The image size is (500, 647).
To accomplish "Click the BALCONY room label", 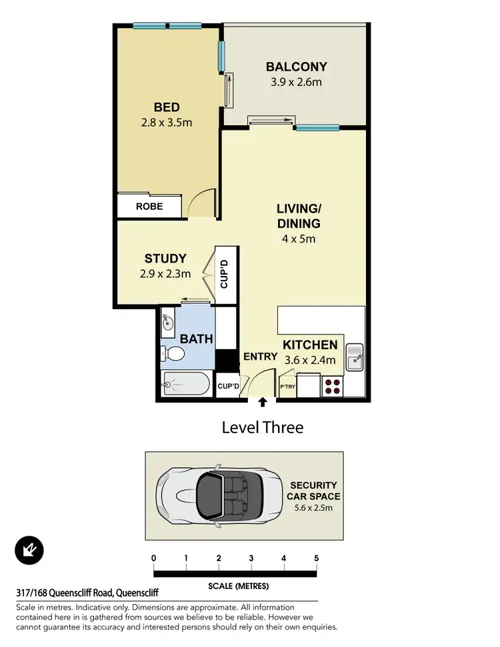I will point(296,67).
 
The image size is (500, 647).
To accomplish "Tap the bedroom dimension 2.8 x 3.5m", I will point(166,122).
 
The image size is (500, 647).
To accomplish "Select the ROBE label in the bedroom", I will point(149,207).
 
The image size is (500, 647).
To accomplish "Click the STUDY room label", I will point(165,259).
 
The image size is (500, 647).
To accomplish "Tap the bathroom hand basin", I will point(167,323).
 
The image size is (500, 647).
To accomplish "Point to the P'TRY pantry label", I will point(287,386).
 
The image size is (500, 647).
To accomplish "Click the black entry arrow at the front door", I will point(263,402).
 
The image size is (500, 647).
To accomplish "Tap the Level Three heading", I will point(262,427).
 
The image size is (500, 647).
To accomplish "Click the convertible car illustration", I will point(213,495).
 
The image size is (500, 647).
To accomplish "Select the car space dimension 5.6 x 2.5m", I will point(313,508).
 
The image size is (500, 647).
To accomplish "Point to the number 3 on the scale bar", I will point(251,558).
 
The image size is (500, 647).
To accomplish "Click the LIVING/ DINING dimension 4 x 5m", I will point(298,239).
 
